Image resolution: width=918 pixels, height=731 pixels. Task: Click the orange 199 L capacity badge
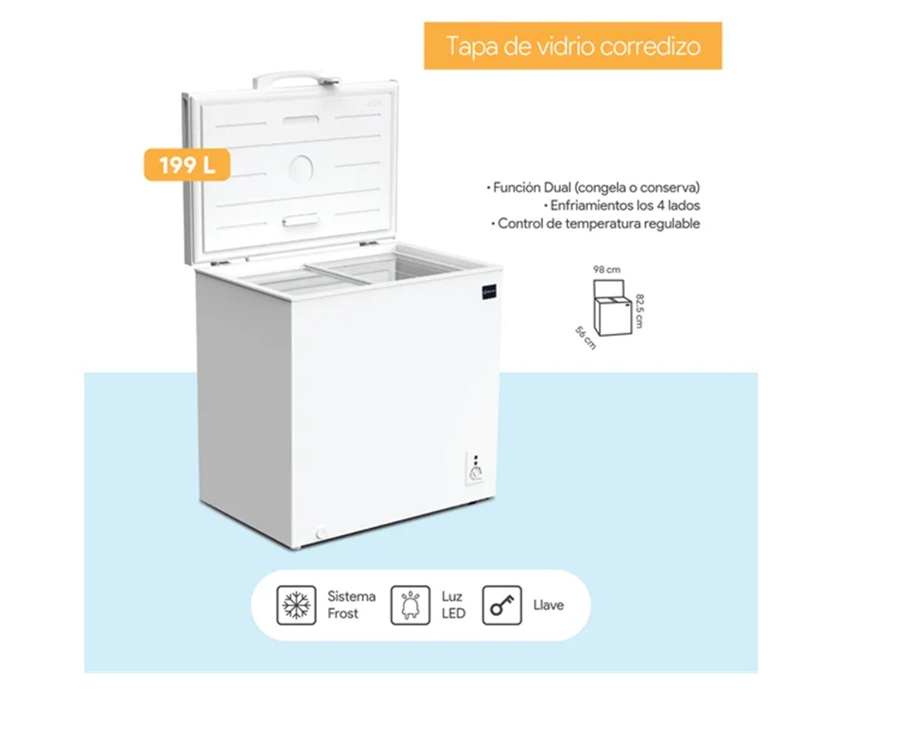187,165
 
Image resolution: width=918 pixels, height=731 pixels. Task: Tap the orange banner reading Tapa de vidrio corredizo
572,46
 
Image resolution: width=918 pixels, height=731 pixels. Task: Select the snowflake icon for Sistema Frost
296,605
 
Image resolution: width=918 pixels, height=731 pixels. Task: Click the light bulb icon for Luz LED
410,605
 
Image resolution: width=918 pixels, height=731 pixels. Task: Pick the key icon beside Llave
502,605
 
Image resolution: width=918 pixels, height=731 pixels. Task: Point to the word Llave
548,605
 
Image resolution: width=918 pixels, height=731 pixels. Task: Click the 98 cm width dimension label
606,270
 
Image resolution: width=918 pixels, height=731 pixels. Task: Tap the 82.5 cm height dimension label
639,311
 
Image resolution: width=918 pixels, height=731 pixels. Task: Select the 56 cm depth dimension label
585,338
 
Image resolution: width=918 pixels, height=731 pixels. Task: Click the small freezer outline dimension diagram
613,308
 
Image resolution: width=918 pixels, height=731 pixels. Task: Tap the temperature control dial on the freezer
476,473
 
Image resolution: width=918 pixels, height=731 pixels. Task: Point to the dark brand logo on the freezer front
489,292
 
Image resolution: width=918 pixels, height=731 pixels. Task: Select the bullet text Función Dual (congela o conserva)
594,187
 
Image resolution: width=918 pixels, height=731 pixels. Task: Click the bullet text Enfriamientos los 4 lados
622,205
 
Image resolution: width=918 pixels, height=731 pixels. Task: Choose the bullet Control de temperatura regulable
595,223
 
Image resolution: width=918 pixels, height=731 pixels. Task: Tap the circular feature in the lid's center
300,169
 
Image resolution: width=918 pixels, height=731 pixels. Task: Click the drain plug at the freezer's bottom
320,533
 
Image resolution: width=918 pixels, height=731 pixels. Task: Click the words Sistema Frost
351,605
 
